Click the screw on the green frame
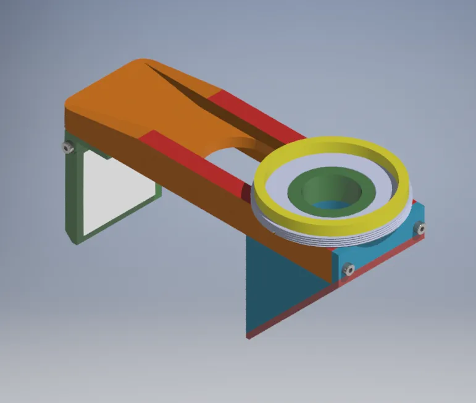tap(67, 147)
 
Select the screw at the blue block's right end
tap(421, 229)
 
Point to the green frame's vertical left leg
tap(72, 192)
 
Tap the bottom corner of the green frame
tap(75, 240)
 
